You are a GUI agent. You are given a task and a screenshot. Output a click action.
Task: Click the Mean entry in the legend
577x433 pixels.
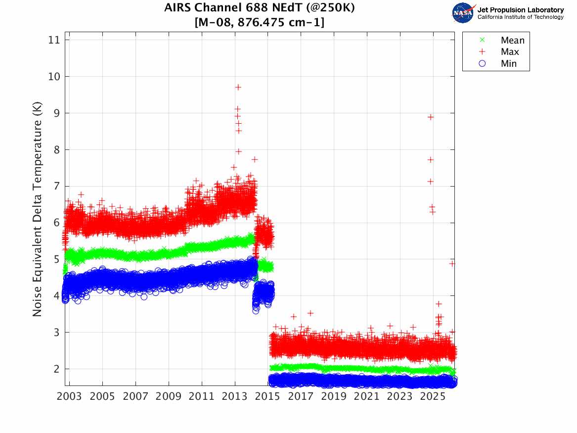(x=512, y=41)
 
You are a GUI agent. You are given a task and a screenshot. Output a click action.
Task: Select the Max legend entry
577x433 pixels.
(x=509, y=52)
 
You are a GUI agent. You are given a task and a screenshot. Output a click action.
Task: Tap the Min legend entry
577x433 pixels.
(x=508, y=63)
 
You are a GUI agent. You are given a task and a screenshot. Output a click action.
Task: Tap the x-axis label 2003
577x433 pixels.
(x=70, y=396)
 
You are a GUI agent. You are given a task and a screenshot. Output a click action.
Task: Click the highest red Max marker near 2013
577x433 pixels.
(x=238, y=87)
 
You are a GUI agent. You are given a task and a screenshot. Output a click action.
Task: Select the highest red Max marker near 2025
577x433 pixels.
(x=431, y=117)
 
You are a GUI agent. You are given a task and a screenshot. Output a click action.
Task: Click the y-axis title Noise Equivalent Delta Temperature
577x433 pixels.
(x=38, y=209)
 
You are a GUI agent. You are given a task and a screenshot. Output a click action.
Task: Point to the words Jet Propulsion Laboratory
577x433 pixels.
(x=520, y=10)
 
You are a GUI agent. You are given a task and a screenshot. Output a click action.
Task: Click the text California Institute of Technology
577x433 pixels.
(x=520, y=17)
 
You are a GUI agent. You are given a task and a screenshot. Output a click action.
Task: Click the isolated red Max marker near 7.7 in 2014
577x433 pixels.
(x=255, y=159)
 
